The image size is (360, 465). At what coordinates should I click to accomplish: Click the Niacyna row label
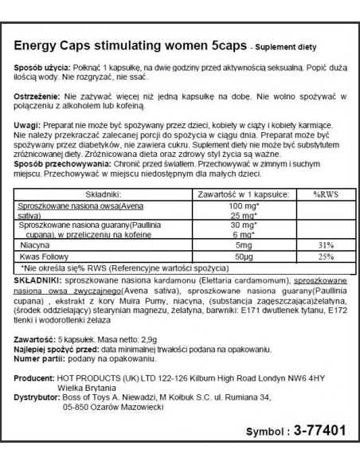34,244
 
